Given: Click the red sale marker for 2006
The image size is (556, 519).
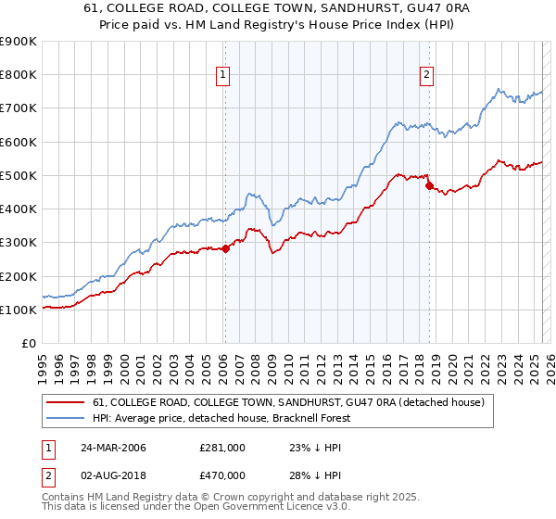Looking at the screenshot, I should [225, 248].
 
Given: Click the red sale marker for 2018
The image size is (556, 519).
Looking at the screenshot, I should [429, 185].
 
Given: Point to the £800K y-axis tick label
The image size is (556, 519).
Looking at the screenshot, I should [19, 75].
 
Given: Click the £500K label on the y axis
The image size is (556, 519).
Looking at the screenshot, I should [19, 175].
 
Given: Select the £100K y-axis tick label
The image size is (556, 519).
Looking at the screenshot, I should [19, 310].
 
